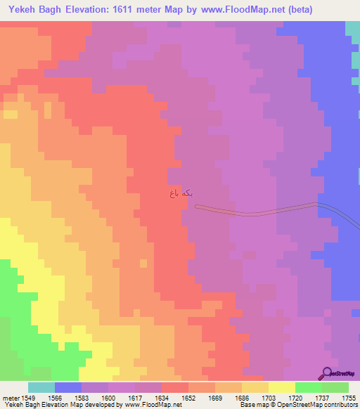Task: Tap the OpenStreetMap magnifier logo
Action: coord(328,373)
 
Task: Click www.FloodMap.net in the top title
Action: coord(242,10)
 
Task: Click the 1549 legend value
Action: coord(29,397)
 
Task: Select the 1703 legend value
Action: coord(269,397)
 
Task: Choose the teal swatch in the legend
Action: coord(41,387)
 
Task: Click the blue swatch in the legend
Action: coord(67,387)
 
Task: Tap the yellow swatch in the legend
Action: coord(281,387)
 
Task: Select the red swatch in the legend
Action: coord(174,387)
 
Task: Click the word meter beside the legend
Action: coord(11,397)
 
